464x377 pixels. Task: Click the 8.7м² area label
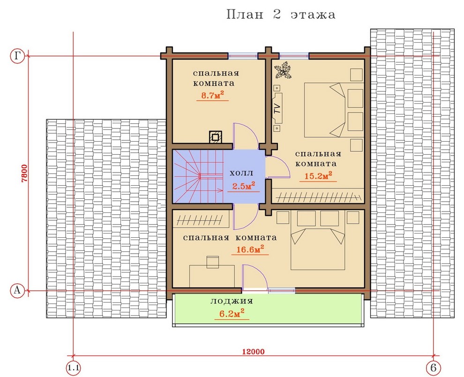tap(212, 95)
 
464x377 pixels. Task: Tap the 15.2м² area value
tap(318, 176)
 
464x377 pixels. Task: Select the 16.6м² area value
tap(250, 249)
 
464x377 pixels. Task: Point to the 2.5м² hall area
tap(244, 186)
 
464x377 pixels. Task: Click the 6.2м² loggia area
tap(232, 314)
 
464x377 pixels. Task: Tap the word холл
tap(241, 173)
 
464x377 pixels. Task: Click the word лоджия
tap(232, 301)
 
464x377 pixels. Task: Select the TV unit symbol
tap(277, 108)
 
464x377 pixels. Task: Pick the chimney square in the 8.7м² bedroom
tap(215, 137)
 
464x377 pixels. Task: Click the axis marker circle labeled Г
tap(17, 56)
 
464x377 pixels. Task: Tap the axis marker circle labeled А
tap(17, 291)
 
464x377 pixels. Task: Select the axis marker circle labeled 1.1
tap(73, 368)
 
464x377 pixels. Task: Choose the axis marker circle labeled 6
tap(434, 368)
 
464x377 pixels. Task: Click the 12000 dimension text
tap(253, 352)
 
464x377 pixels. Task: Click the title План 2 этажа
tap(281, 15)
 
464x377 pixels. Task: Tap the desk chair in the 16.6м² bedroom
tap(212, 262)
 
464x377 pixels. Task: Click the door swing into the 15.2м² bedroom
tap(278, 167)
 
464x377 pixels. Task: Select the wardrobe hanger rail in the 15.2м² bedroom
tap(319, 196)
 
